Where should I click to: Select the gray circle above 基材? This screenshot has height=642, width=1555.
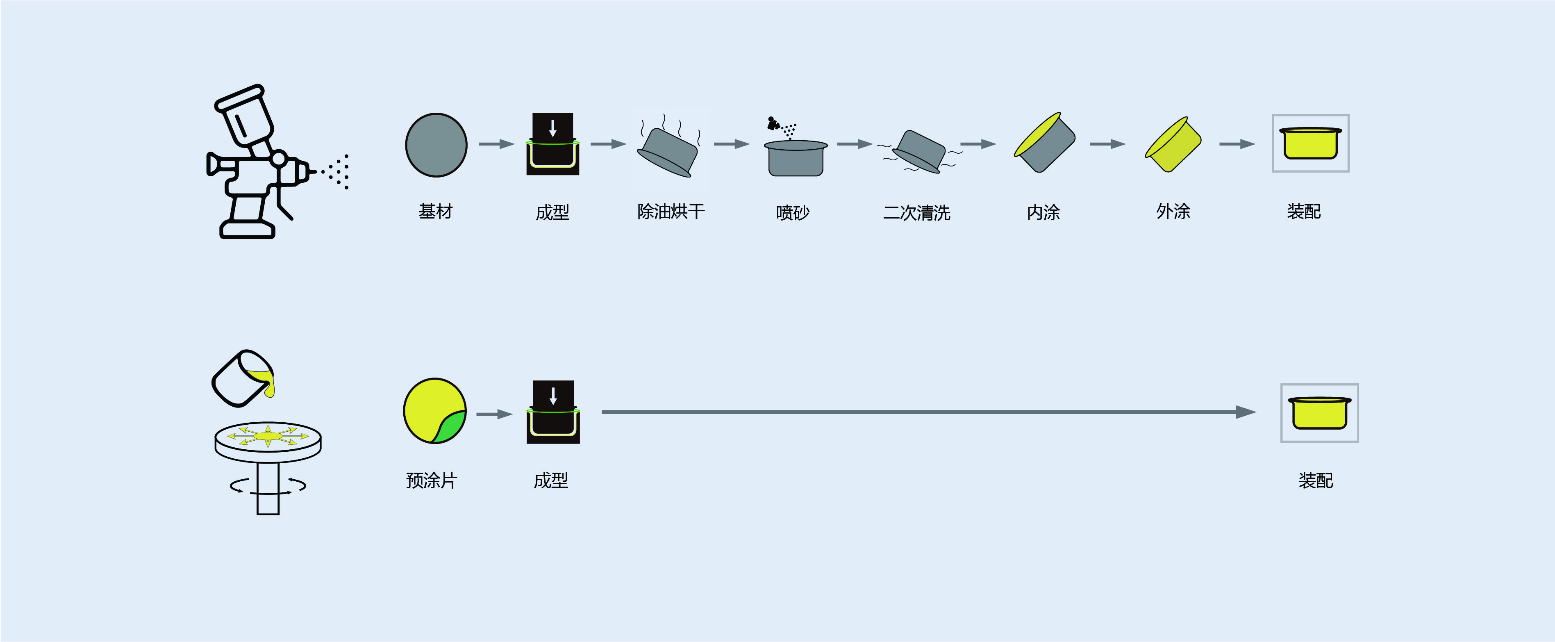click(436, 145)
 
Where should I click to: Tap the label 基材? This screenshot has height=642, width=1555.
click(435, 212)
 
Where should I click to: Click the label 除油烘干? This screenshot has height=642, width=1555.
click(671, 212)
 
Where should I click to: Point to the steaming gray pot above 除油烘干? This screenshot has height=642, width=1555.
click(668, 151)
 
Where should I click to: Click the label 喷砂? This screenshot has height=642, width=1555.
click(793, 213)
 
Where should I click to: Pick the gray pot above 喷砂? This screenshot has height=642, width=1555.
click(796, 158)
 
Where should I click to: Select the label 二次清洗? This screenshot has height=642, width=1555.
click(916, 213)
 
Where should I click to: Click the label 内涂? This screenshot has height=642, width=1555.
click(1043, 213)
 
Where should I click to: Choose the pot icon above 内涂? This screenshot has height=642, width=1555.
click(1045, 143)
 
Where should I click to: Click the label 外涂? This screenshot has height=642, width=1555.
click(1173, 212)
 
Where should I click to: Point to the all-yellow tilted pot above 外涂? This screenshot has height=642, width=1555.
click(1173, 145)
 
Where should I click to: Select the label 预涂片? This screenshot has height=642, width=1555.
click(431, 481)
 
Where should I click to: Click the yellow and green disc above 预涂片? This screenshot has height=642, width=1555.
click(434, 411)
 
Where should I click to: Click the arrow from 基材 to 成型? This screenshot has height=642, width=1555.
click(496, 144)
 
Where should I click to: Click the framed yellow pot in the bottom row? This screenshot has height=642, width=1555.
click(1320, 413)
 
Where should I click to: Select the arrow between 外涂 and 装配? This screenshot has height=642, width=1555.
click(1237, 144)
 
